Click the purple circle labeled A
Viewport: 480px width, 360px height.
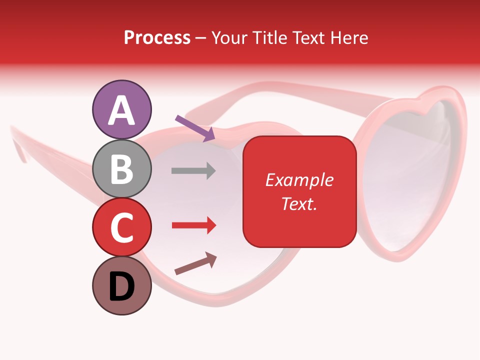click(x=121, y=109)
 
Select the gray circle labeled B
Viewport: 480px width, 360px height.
click(x=121, y=168)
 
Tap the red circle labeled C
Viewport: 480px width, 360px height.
click(x=121, y=227)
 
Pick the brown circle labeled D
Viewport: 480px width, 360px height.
click(x=121, y=285)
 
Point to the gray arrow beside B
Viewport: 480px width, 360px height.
click(x=193, y=170)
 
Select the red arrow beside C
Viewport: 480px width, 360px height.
click(x=193, y=225)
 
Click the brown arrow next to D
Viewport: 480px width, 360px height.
click(x=195, y=263)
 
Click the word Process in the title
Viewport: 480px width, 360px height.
click(x=157, y=38)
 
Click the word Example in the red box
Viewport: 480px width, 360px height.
click(x=299, y=180)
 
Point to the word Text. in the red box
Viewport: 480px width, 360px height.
click(x=299, y=203)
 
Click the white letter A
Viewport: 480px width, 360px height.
click(x=121, y=110)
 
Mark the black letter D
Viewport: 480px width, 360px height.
click(x=121, y=286)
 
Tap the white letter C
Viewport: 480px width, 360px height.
click(x=121, y=227)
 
